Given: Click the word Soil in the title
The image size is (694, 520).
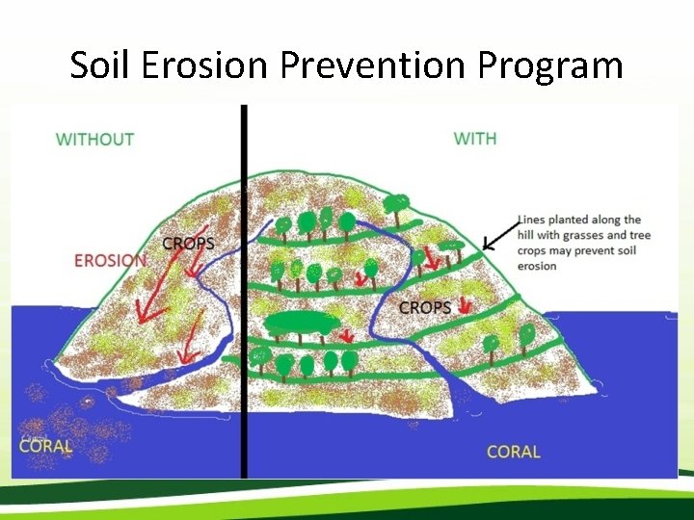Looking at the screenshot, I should tap(102, 65).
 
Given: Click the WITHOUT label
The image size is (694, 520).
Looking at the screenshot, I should tap(94, 140).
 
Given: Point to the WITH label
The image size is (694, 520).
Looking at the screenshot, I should tap(475, 139).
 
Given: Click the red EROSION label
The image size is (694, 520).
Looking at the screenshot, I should tap(110, 260).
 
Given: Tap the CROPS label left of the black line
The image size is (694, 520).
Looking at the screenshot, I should tap(188, 244).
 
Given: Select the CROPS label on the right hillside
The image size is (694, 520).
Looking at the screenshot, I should tap(425, 308).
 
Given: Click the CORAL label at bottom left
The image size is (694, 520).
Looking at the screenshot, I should tap(46, 446).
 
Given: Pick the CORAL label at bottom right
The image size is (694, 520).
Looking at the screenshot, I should tap(514, 452).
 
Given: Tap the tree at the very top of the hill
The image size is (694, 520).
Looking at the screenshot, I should tap(396, 203).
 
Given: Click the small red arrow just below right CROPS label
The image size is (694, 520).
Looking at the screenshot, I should tap(465, 306).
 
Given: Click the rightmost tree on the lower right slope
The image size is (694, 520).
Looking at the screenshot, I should tap(527, 333).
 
